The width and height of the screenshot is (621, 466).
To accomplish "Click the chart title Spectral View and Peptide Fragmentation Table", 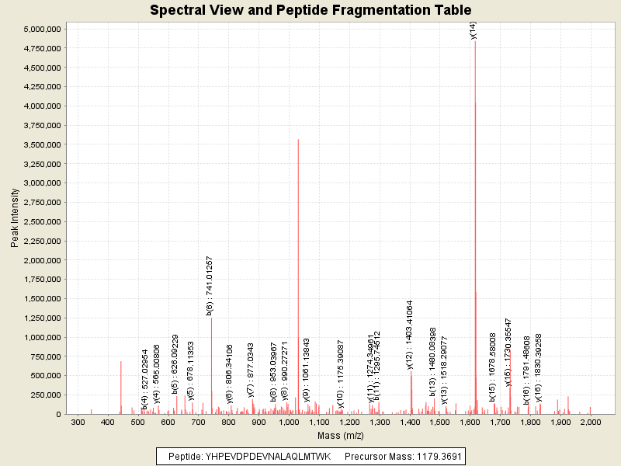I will pyautogui.click(x=310, y=10).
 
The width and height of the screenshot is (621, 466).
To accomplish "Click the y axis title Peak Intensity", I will pyautogui.click(x=14, y=221).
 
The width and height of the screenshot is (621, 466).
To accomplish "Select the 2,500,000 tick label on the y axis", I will pyautogui.click(x=43, y=221).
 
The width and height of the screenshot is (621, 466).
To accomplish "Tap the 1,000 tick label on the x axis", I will pyautogui.click(x=289, y=423).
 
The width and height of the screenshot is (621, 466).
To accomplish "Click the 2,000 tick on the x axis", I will pyautogui.click(x=591, y=423).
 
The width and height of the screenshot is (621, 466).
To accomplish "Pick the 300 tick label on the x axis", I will pyautogui.click(x=78, y=423).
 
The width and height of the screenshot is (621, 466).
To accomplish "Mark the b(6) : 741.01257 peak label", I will pyautogui.click(x=209, y=285).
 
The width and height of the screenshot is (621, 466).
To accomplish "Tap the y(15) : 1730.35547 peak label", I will pyautogui.click(x=508, y=352).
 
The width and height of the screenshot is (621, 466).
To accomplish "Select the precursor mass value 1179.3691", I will pyautogui.click(x=432, y=456).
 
